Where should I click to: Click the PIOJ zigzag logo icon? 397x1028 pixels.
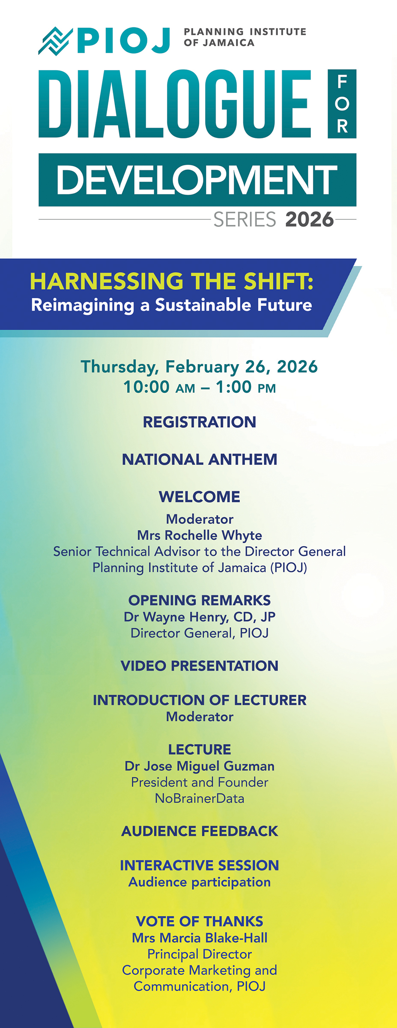(56, 41)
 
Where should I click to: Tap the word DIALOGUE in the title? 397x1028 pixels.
(175, 104)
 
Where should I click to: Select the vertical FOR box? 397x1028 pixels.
(342, 104)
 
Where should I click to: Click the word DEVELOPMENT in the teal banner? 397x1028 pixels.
(197, 180)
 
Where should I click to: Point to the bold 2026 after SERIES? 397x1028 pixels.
(309, 219)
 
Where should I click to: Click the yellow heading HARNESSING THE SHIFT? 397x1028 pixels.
(171, 281)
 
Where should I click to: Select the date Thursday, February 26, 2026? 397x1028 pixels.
(199, 367)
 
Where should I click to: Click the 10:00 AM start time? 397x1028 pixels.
(159, 387)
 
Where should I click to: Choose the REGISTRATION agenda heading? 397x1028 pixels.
(200, 422)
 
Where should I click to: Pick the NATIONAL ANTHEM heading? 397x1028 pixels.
(200, 460)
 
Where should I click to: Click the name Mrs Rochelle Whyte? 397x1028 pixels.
(200, 535)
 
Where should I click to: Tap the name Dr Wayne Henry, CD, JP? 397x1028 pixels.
(200, 617)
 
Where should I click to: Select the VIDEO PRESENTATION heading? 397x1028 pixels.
(200, 666)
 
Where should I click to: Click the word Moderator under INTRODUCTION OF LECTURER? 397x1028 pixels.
(200, 717)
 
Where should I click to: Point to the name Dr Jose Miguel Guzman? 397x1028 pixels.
(200, 766)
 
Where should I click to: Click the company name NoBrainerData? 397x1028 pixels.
(200, 798)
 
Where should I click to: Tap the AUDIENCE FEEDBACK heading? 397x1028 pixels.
(200, 831)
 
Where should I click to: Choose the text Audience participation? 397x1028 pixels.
(200, 882)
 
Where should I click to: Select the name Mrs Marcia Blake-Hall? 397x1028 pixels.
(200, 938)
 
